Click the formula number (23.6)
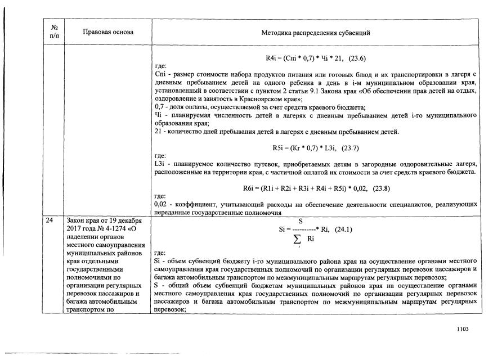pyautogui.click(x=360, y=58)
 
